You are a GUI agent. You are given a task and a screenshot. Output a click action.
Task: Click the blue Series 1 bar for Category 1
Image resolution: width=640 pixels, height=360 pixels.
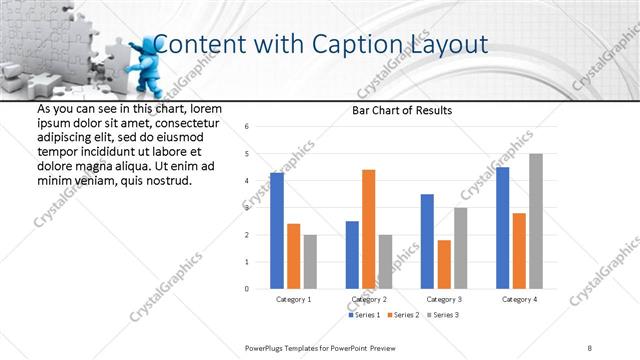tap(277, 231)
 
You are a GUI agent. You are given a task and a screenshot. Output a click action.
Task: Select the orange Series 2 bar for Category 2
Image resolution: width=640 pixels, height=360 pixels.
tap(368, 229)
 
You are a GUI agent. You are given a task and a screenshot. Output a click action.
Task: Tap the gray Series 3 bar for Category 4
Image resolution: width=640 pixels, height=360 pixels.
tap(536, 221)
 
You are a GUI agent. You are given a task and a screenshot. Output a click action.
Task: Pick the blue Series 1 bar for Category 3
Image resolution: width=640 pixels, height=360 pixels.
tap(427, 241)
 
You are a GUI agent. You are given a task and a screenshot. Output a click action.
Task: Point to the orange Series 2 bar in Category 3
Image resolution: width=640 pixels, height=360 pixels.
tap(444, 264)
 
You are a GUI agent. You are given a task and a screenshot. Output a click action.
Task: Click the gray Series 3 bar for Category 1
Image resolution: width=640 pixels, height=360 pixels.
tap(310, 262)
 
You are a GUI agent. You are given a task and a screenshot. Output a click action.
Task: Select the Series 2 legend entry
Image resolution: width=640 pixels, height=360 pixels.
tap(401, 315)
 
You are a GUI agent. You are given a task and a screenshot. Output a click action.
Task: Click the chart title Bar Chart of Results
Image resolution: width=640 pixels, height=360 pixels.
tap(402, 110)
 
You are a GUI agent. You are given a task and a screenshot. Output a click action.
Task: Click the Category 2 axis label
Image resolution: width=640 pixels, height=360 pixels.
tap(369, 299)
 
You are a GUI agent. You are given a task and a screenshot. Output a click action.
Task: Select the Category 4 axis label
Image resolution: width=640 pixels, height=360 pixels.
tap(519, 299)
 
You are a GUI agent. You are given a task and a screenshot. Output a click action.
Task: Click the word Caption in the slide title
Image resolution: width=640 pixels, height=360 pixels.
tap(355, 44)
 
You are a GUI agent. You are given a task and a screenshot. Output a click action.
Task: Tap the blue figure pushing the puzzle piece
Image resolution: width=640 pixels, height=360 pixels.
tap(144, 66)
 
